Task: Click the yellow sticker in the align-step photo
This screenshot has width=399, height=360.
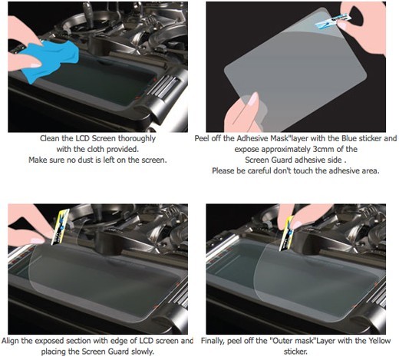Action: point(60,226)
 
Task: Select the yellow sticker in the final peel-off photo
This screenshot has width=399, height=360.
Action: point(287,233)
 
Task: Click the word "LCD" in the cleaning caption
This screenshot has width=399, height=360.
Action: point(82,138)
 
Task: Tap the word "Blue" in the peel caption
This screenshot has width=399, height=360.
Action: point(349,138)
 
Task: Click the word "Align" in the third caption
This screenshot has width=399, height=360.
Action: point(10,341)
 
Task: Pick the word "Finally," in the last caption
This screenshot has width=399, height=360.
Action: point(213,341)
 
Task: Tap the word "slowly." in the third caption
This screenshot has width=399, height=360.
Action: point(143,352)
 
